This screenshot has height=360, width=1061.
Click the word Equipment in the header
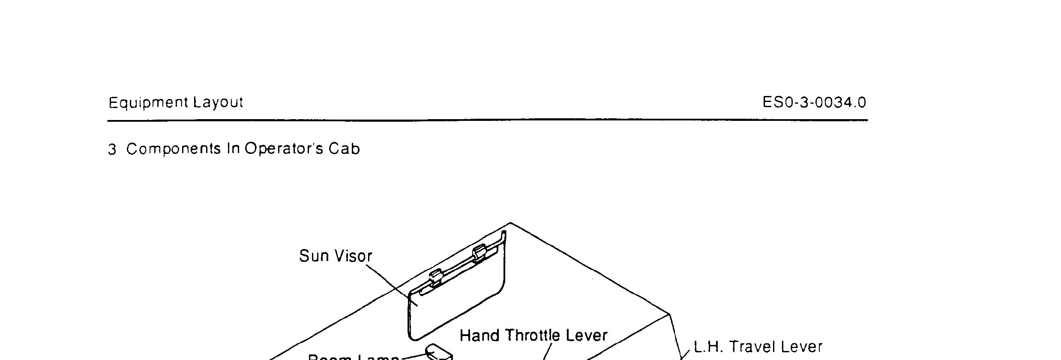(148, 103)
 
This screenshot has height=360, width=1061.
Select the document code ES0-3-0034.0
(814, 103)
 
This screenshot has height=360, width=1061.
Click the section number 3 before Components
(112, 150)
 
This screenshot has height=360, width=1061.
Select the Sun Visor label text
(336, 256)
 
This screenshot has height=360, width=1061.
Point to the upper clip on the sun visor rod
(479, 254)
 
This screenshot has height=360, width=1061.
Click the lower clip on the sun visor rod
(435, 277)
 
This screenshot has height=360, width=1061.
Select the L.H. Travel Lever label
(758, 347)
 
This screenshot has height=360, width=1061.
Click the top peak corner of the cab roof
(510, 223)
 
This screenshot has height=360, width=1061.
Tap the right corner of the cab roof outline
(670, 314)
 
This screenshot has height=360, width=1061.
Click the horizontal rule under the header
(487, 120)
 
